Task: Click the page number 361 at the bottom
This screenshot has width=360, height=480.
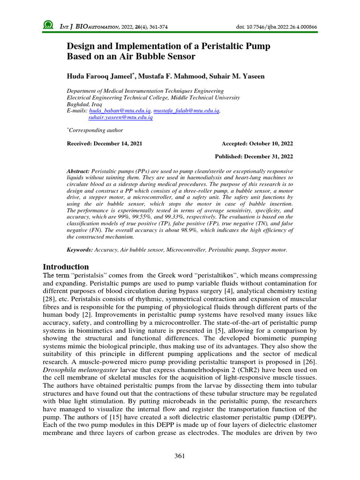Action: [x=180, y=456]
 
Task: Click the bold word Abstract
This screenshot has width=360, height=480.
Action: [x=79, y=172]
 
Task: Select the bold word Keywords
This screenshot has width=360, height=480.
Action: [x=80, y=250]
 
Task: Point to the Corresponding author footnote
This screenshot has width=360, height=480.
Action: [x=96, y=130]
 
